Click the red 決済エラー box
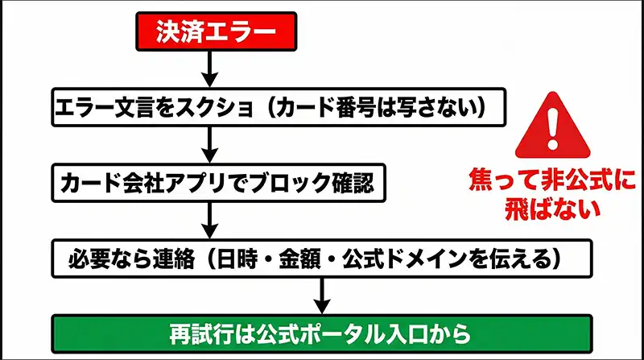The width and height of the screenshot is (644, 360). point(208,32)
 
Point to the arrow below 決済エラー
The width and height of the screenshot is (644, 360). point(208,68)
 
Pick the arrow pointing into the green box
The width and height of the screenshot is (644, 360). point(322,296)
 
